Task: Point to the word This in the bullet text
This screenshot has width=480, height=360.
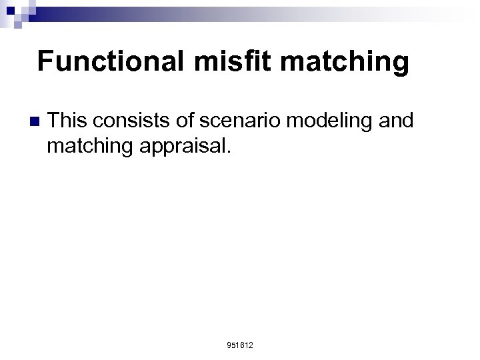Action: [x=70, y=121]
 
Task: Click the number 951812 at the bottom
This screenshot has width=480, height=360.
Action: [x=240, y=345]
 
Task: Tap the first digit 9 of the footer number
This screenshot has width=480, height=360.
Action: [x=229, y=345]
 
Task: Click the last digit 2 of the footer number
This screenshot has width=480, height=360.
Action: [x=251, y=345]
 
